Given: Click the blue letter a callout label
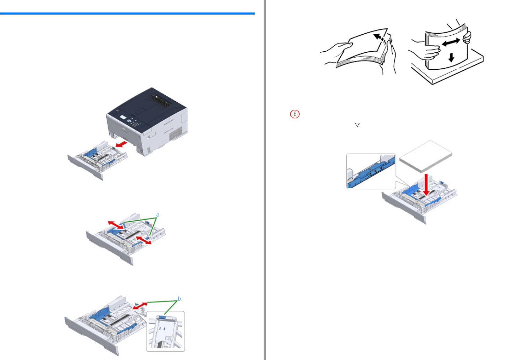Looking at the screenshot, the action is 158,215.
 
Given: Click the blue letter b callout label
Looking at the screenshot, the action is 179,299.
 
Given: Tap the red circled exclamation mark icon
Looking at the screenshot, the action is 295,114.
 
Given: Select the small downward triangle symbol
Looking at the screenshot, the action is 357,125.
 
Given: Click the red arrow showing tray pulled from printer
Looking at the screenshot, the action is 121,144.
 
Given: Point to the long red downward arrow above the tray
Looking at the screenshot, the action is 426,185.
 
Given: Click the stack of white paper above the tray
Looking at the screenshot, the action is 426,156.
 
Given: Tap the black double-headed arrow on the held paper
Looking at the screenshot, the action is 451,42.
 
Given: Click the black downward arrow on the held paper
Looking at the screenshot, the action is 451,57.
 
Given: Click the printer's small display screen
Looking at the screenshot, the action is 123,117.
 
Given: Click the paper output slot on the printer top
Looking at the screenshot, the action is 161,100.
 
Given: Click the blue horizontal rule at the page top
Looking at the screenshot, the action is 127,14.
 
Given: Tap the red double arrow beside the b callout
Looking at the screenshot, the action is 140,306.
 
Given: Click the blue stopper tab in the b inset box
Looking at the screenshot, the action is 162,317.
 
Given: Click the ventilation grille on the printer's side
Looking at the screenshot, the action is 176,134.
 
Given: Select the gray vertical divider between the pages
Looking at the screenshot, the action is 264,180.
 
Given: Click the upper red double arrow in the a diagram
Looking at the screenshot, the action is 116,225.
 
